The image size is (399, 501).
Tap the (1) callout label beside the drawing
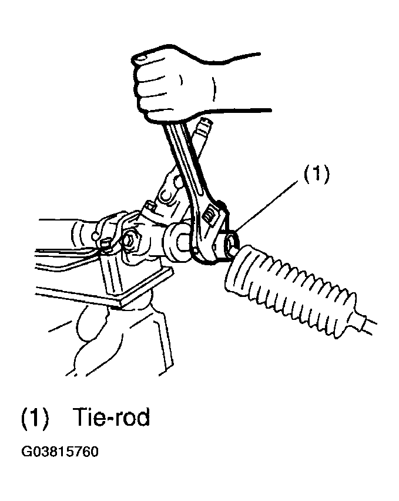point(316,175)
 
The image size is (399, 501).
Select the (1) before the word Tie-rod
point(35,417)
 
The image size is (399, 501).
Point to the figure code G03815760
point(60,452)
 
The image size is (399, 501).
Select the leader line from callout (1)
point(267,205)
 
